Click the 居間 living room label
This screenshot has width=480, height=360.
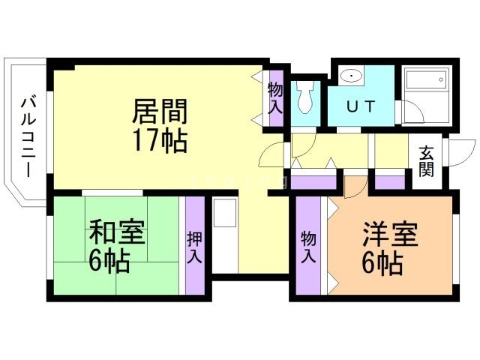click(159, 112)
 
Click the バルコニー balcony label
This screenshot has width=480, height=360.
click(28, 136)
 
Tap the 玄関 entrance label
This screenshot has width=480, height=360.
click(426, 160)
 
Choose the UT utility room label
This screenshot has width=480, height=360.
click(360, 106)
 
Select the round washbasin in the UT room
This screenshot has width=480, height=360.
click(350, 76)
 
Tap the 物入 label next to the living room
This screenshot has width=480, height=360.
click(275, 97)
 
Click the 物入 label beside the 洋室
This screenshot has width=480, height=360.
click(308, 247)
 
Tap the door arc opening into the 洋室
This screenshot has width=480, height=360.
click(352, 185)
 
